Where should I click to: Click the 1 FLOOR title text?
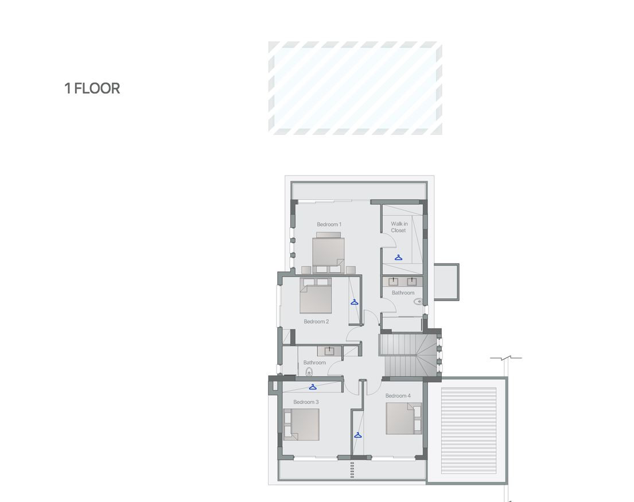point(92,88)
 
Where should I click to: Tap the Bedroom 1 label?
point(329,224)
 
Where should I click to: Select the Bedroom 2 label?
point(316,321)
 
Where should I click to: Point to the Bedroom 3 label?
point(306,402)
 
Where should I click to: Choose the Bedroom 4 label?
point(398,396)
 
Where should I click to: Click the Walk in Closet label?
point(399,227)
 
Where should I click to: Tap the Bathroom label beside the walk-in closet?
point(403,293)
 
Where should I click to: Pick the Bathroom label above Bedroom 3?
point(314,363)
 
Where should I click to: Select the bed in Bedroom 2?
point(316,296)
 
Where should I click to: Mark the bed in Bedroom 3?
point(302,425)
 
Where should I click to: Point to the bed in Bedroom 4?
point(404,419)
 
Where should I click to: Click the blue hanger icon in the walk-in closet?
point(398,258)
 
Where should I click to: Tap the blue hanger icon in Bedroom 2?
point(355,302)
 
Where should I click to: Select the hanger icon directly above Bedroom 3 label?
point(313,387)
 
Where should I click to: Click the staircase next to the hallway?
point(409,355)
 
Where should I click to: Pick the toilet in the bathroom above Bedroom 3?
point(309,371)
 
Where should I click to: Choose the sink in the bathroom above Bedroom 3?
point(329,351)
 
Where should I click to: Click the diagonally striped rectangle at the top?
point(355,88)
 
